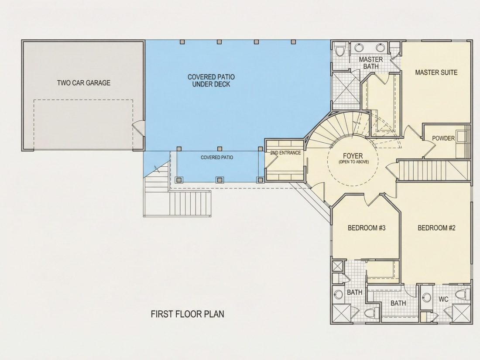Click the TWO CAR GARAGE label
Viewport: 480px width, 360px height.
pyautogui.click(x=84, y=82)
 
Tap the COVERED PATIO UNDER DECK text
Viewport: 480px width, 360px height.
pyautogui.click(x=211, y=81)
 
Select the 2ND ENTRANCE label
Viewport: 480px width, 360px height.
pyautogui.click(x=285, y=153)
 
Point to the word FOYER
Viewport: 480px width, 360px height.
pyautogui.click(x=353, y=156)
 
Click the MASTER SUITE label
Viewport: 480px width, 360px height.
pyautogui.click(x=436, y=72)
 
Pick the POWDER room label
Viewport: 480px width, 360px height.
pyautogui.click(x=443, y=138)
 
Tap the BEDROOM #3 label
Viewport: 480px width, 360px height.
pyautogui.click(x=367, y=228)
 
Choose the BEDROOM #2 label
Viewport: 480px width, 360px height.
pyautogui.click(x=436, y=228)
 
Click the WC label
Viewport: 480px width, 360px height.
pyautogui.click(x=444, y=299)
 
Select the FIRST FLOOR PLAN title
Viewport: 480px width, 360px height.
pyautogui.click(x=187, y=314)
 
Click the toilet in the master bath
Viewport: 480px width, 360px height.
pyautogui.click(x=339, y=50)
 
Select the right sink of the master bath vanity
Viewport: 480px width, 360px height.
pyautogui.click(x=380, y=48)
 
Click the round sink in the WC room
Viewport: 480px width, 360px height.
pyautogui.click(x=426, y=297)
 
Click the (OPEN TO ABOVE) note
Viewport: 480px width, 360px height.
pyautogui.click(x=353, y=161)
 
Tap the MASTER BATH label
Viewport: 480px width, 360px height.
pyautogui.click(x=371, y=63)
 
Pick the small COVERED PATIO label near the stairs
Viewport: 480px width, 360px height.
pyautogui.click(x=217, y=158)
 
